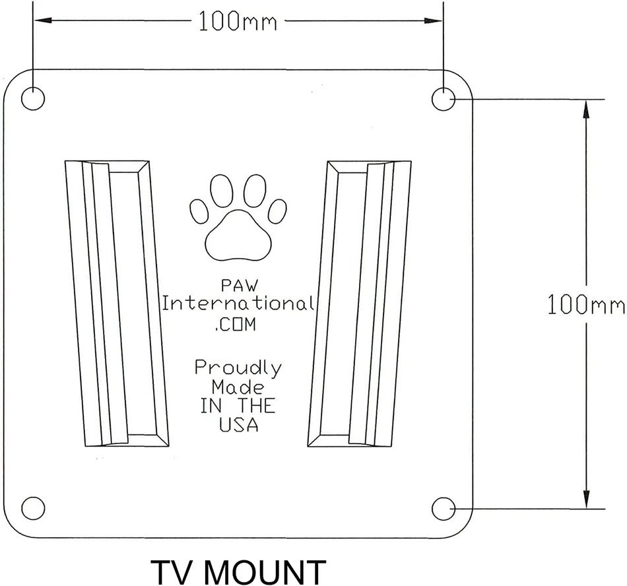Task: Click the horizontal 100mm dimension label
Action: pyautogui.click(x=238, y=22)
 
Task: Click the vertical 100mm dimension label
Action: pyautogui.click(x=585, y=305)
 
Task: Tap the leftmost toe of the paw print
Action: pyautogui.click(x=199, y=211)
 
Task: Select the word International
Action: pyautogui.click(x=238, y=304)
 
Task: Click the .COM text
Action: pyautogui.click(x=235, y=324)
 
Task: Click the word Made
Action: pyautogui.click(x=238, y=387)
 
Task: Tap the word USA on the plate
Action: pyautogui.click(x=238, y=425)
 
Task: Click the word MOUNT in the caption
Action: pyautogui.click(x=267, y=572)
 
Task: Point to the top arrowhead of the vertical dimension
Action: pyautogui.click(x=586, y=109)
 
